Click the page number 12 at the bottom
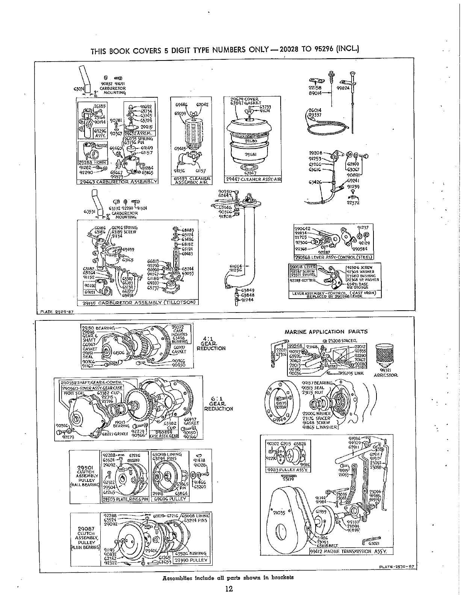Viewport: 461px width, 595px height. tap(229, 588)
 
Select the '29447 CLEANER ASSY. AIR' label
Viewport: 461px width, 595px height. tap(253, 179)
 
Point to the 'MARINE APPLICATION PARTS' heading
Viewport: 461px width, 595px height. tap(326, 332)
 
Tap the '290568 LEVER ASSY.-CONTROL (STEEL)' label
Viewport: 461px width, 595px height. tap(334, 257)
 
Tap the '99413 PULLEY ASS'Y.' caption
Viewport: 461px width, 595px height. tap(285, 469)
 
